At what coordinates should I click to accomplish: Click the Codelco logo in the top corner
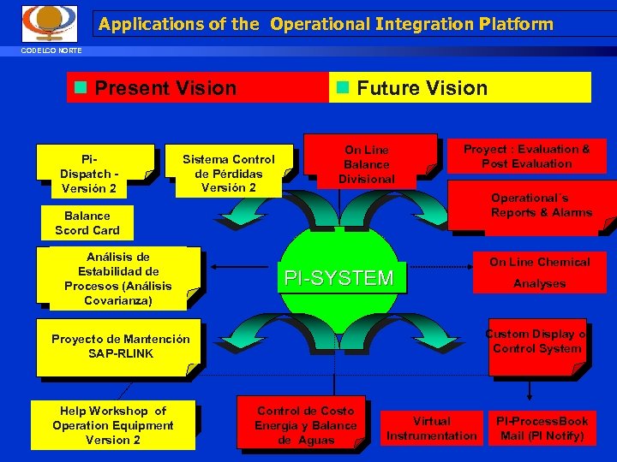point(49,23)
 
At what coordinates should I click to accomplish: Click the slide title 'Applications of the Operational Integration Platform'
point(326,24)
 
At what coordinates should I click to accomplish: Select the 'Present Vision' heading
point(165,88)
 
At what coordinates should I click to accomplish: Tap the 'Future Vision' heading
point(422,88)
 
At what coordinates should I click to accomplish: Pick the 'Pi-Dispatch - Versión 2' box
point(94,174)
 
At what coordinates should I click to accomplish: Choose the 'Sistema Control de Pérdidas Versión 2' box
point(229,173)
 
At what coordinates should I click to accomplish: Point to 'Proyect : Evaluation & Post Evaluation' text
point(526,157)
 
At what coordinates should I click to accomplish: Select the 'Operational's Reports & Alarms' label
point(541,205)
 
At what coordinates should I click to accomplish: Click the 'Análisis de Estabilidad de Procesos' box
point(118,279)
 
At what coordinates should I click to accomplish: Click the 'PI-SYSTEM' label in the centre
point(338,278)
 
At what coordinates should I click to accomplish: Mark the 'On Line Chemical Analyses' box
point(539,273)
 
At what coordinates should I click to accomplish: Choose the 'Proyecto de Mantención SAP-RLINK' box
point(120,346)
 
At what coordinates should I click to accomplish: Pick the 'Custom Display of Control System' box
point(536,341)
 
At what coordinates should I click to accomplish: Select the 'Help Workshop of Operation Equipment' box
point(112,425)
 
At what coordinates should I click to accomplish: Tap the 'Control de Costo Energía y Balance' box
point(305,425)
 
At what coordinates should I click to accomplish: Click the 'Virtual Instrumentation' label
point(431,429)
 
